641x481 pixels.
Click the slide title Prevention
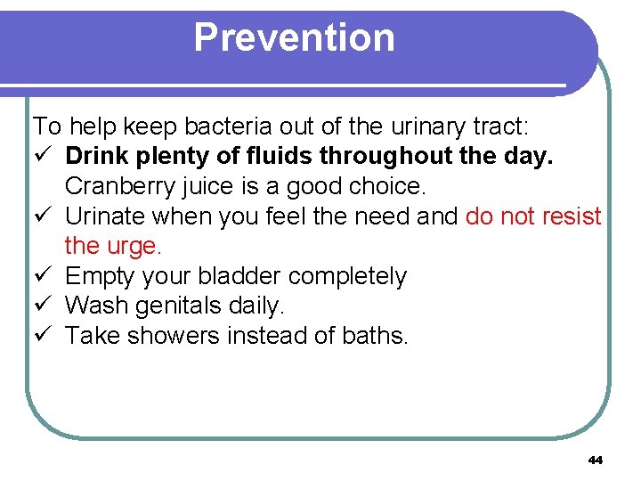point(294,37)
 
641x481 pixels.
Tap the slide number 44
point(596,460)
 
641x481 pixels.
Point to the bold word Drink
point(96,157)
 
